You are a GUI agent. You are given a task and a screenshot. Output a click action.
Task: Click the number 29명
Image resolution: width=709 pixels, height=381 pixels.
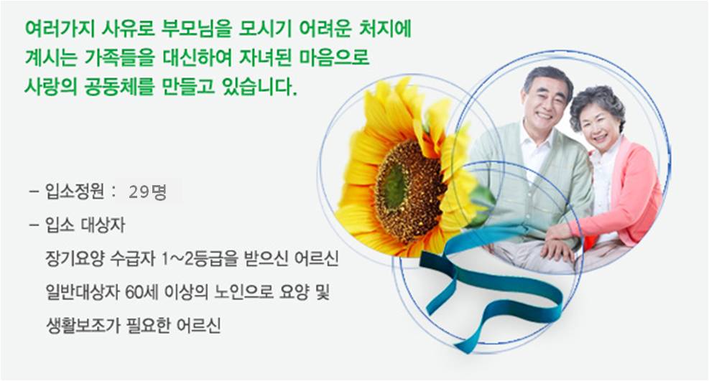pyautogui.click(x=147, y=192)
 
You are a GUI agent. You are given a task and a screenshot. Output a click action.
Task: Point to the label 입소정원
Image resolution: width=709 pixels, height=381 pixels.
pyautogui.click(x=75, y=192)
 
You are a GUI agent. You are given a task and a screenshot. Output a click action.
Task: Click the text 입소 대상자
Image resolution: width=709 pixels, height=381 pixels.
pyautogui.click(x=85, y=225)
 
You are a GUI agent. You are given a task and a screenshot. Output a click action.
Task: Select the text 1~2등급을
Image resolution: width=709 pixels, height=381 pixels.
pyautogui.click(x=200, y=259)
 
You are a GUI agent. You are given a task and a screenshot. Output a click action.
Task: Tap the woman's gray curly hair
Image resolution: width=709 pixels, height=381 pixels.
pyautogui.click(x=598, y=103)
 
